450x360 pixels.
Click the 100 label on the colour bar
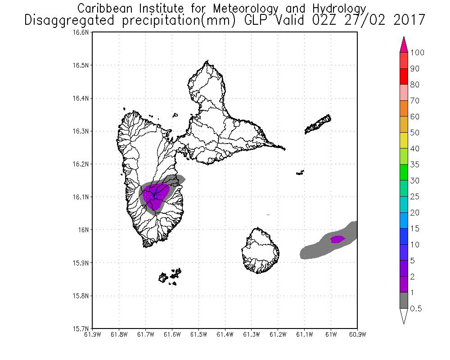point(417,53)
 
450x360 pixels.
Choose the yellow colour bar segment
point(404,141)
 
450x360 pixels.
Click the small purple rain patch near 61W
point(337,239)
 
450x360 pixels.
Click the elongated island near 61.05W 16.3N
point(318,125)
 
